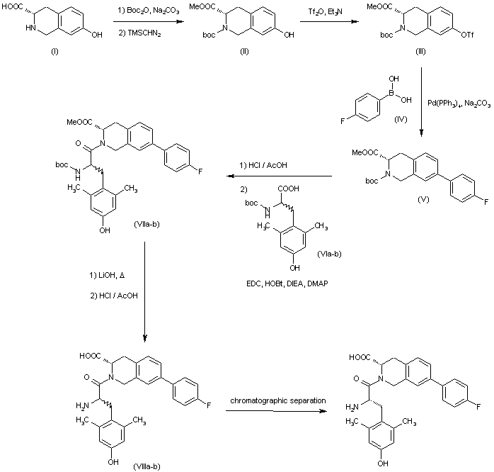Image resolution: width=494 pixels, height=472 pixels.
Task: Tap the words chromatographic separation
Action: coord(277,400)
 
